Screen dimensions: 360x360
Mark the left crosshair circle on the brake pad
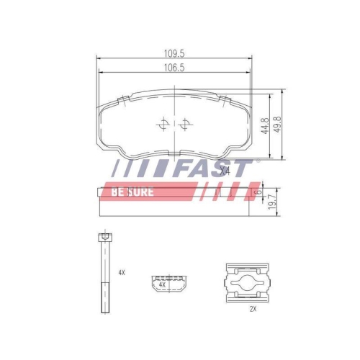point(163,124)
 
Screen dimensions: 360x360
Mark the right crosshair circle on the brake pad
point(186,124)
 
